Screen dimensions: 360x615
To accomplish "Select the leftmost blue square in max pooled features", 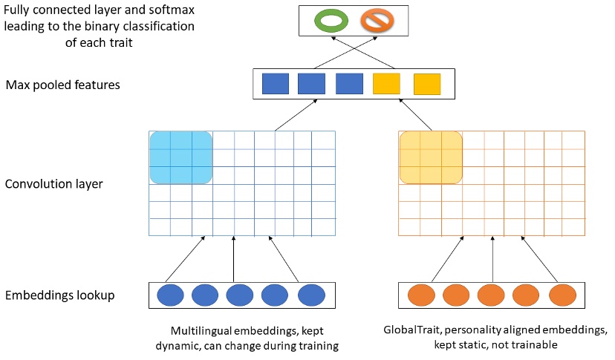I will (276, 84).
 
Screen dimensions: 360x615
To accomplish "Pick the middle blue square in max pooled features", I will (311, 84).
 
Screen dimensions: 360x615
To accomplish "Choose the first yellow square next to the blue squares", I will (386, 84).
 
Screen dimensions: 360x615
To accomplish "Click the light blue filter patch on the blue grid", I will (181, 157).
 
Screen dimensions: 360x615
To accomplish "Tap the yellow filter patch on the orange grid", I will (431, 157).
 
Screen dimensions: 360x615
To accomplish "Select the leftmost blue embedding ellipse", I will (169, 295).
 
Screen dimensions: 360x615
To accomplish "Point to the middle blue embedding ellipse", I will (241, 295).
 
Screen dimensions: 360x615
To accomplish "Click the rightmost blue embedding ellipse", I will (312, 295).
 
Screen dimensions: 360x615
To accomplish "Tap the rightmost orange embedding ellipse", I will (563, 295).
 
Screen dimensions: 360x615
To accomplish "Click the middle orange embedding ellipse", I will (492, 295).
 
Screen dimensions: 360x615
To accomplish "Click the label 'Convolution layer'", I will (53, 183).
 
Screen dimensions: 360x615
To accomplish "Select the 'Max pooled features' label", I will (62, 85).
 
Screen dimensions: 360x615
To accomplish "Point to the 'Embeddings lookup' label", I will (59, 295).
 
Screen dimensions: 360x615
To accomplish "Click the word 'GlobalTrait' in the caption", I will (413, 329).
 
